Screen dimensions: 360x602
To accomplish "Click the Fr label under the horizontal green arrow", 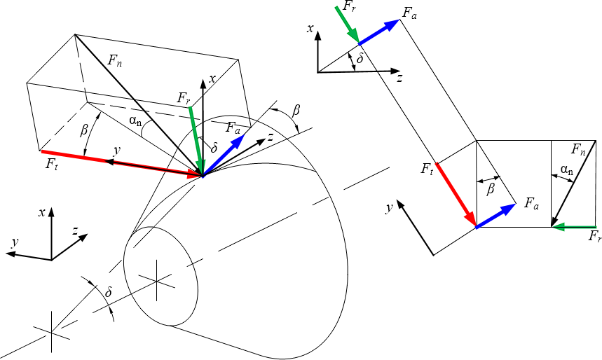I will click(x=594, y=238).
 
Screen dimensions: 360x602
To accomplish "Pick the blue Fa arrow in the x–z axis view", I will click(x=379, y=32).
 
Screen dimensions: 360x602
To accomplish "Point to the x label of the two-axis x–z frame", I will click(x=309, y=29).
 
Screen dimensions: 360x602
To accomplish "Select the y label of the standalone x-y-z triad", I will click(x=13, y=242).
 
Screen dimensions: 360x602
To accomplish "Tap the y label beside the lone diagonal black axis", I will click(x=388, y=208).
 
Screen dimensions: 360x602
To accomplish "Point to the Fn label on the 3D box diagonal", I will click(x=116, y=61).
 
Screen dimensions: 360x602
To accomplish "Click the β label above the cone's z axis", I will click(x=296, y=111).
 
